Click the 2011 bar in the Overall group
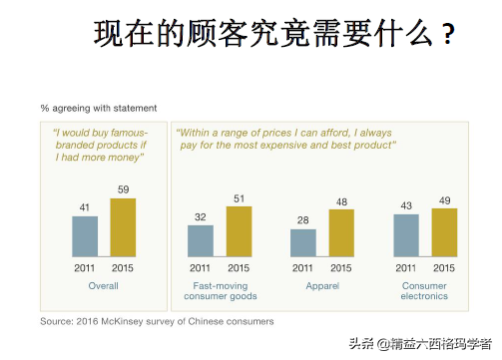pyautogui.click(x=85, y=237)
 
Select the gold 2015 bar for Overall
pyautogui.click(x=122, y=228)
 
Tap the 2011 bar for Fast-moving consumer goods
pyautogui.click(x=201, y=241)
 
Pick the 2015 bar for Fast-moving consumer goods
pyautogui.click(x=239, y=232)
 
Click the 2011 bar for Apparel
pyautogui.click(x=303, y=243)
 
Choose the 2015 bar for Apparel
pyautogui.click(x=341, y=233)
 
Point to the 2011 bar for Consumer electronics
pyautogui.click(x=406, y=236)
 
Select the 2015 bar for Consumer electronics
pyautogui.click(x=444, y=233)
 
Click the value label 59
pyautogui.click(x=123, y=188)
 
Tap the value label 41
pyautogui.click(x=85, y=207)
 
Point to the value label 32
pyautogui.click(x=201, y=216)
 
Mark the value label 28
pyautogui.click(x=303, y=220)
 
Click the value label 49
pyautogui.click(x=444, y=199)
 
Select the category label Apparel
pyautogui.click(x=322, y=286)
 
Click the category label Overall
pyautogui.click(x=103, y=286)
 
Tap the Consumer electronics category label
pyautogui.click(x=425, y=291)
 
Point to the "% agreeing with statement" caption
pyautogui.click(x=98, y=108)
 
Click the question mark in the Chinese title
pyautogui.click(x=448, y=37)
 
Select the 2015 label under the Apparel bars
pyautogui.click(x=341, y=268)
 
